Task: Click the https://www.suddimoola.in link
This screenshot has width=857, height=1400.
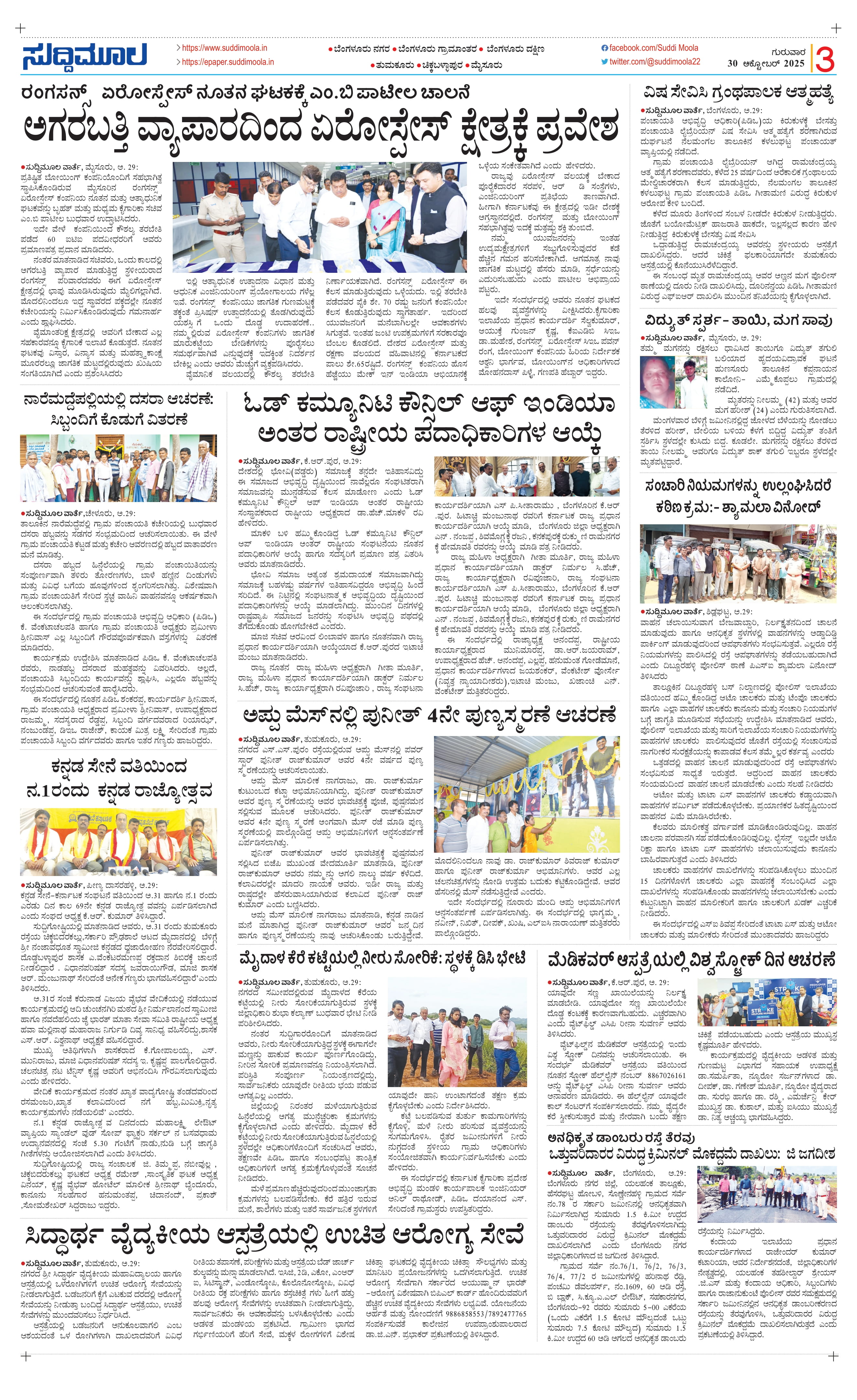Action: coord(224,48)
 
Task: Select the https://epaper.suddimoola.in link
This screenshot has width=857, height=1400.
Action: coord(227,62)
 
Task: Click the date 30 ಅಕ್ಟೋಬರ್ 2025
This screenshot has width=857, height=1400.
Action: coord(765,64)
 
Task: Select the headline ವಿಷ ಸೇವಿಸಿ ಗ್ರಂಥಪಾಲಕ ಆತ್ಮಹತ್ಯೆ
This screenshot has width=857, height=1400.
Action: coord(738,93)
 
